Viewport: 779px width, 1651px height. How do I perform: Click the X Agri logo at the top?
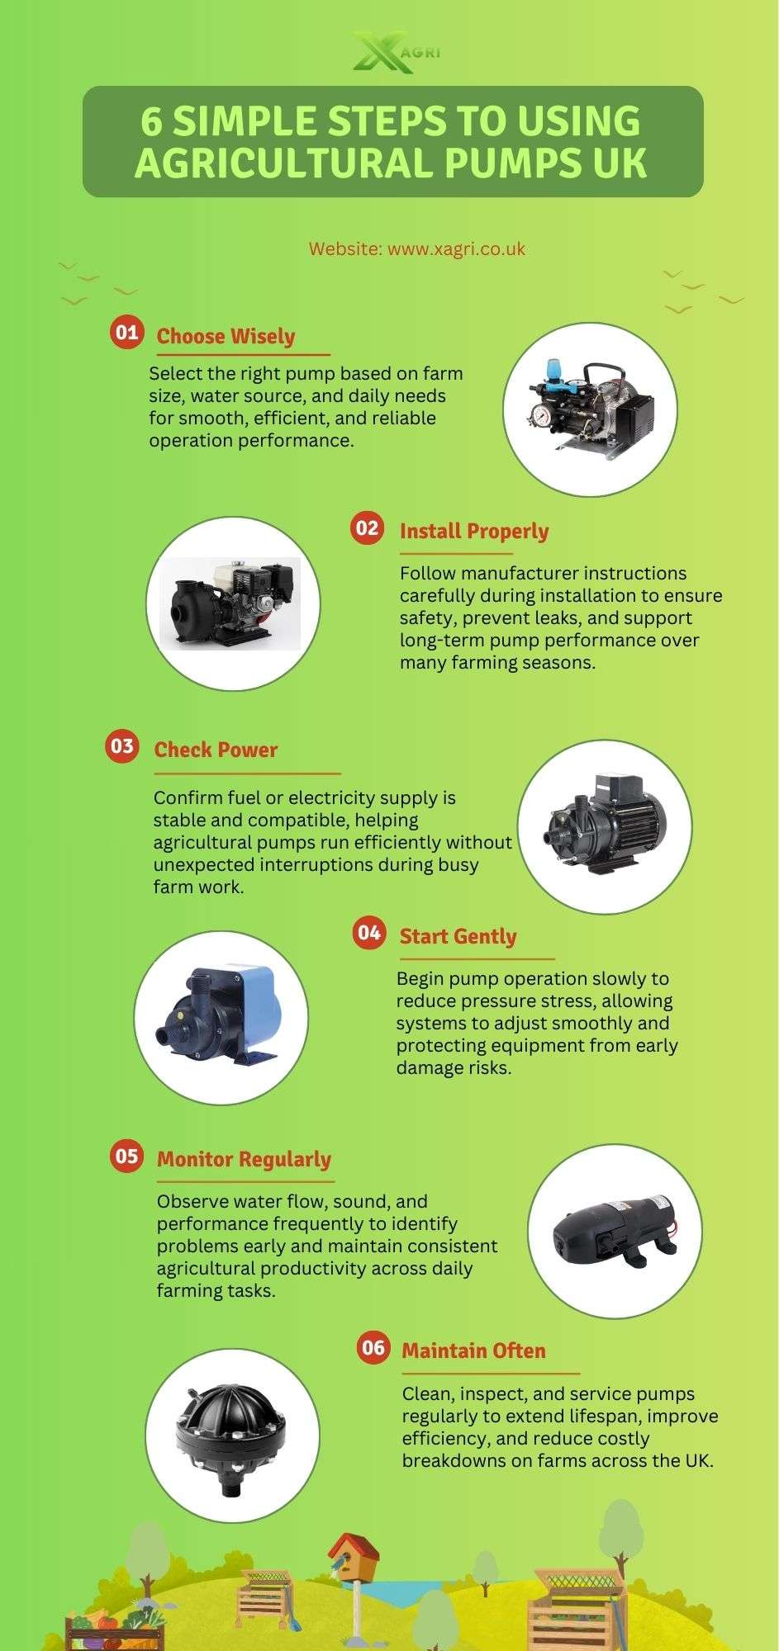click(395, 51)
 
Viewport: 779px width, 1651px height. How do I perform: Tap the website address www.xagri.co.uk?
click(456, 248)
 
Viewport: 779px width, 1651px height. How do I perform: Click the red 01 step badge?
click(126, 333)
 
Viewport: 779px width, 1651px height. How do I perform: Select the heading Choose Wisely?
click(226, 336)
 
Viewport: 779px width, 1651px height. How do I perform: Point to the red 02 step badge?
click(368, 527)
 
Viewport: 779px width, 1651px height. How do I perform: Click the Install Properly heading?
click(474, 531)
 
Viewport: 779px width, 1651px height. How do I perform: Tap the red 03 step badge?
click(122, 746)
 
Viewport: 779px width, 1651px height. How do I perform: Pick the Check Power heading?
click(216, 750)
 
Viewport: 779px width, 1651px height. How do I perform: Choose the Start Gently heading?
click(458, 936)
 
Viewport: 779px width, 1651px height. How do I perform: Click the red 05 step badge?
click(127, 1156)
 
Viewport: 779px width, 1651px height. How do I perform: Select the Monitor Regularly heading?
click(244, 1159)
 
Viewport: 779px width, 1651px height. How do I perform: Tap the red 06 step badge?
click(373, 1348)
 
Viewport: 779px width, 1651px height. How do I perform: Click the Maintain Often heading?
click(473, 1351)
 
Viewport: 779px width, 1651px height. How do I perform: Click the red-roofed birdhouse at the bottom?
click(353, 1561)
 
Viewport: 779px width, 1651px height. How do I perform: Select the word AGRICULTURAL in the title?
click(283, 162)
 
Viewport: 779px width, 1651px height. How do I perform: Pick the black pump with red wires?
click(615, 1231)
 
